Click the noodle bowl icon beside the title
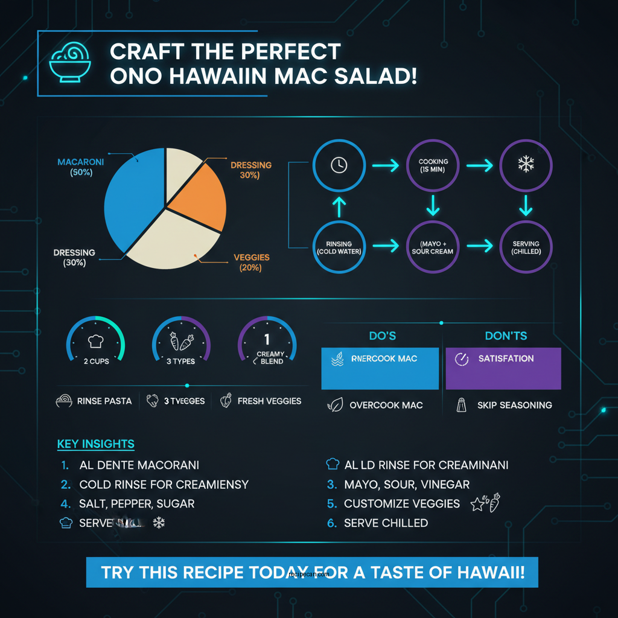click(67, 63)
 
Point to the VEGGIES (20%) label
click(251, 263)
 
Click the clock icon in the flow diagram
click(339, 165)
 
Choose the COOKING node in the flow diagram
click(433, 165)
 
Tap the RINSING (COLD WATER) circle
click(339, 247)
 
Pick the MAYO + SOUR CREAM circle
click(433, 247)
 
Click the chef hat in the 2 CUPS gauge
click(95, 342)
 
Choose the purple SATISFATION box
click(503, 368)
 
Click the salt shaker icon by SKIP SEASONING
click(462, 405)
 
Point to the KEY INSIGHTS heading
click(96, 444)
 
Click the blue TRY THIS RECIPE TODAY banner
click(312, 572)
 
